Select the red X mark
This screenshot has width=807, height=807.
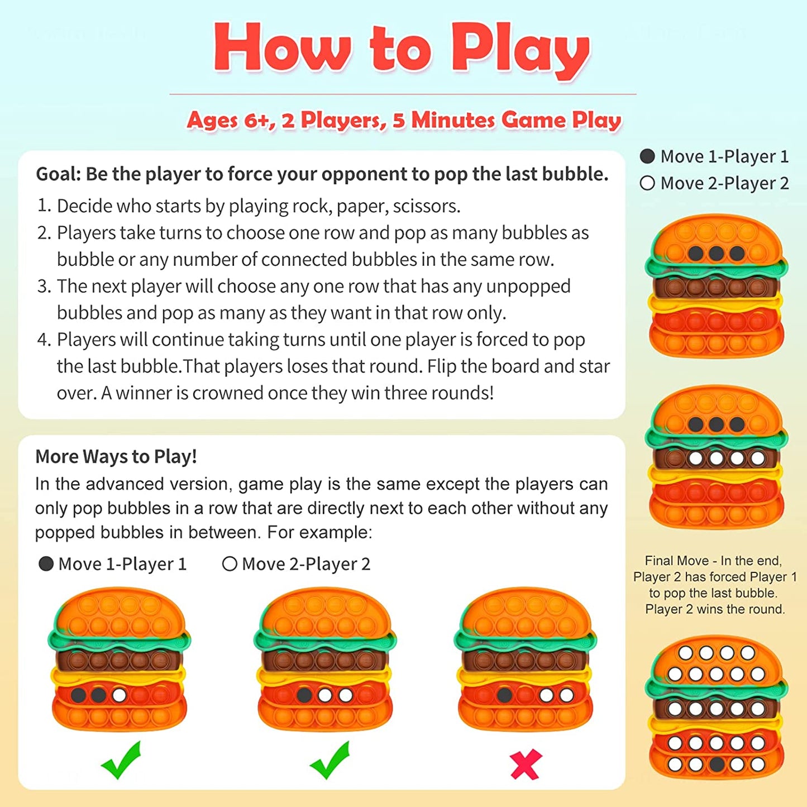pyautogui.click(x=526, y=765)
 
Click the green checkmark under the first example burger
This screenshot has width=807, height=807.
pyautogui.click(x=121, y=760)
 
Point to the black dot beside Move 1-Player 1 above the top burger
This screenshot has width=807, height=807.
pyautogui.click(x=647, y=156)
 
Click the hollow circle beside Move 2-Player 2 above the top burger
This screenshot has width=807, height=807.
pyautogui.click(x=647, y=183)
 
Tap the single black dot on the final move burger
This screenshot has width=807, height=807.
pyautogui.click(x=716, y=765)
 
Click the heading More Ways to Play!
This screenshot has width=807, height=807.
pyautogui.click(x=116, y=456)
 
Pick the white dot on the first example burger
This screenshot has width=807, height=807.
pyautogui.click(x=120, y=696)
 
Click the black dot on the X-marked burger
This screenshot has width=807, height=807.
pyautogui.click(x=504, y=695)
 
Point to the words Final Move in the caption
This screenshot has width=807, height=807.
pyautogui.click(x=677, y=560)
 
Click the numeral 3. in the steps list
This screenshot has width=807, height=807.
pyautogui.click(x=44, y=286)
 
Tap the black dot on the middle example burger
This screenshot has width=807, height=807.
pyautogui.click(x=304, y=696)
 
